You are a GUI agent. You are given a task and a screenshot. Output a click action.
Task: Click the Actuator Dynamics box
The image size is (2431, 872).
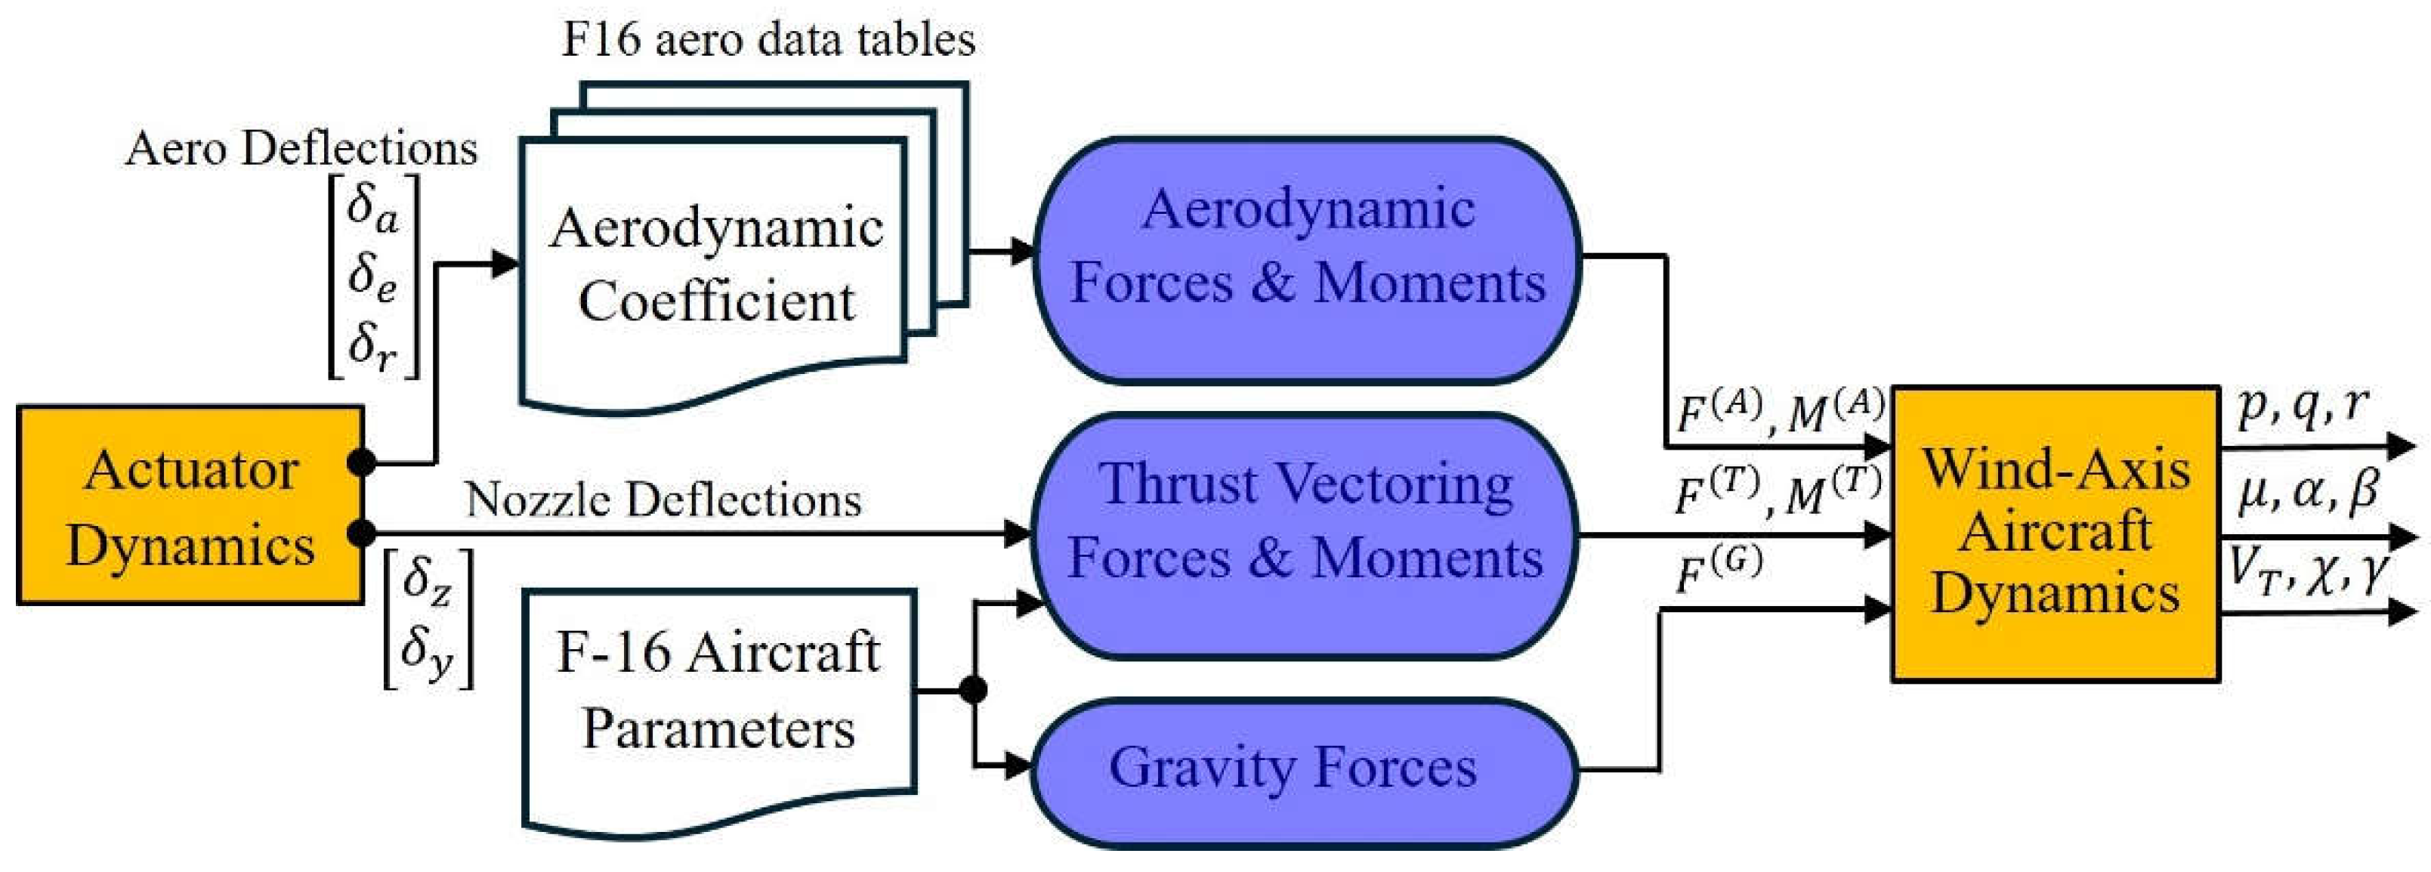pos(190,505)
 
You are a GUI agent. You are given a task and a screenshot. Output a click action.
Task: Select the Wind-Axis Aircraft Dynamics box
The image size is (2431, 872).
pos(2056,533)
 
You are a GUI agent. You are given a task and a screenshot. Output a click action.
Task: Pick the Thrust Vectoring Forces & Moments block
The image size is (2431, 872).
pos(1306,535)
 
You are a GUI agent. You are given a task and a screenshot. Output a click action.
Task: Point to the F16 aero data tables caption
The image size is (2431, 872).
pos(768,39)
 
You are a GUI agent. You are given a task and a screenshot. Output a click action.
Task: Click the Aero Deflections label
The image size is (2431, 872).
pos(301,148)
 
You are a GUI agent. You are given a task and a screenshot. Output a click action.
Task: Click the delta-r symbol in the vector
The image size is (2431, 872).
pos(372,344)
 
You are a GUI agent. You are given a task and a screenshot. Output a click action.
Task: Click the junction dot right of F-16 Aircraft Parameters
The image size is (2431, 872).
pos(973,690)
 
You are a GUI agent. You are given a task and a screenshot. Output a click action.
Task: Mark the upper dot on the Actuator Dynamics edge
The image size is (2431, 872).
pos(361,462)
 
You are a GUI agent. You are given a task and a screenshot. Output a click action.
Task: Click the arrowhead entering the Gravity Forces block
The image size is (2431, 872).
pos(1019,765)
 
